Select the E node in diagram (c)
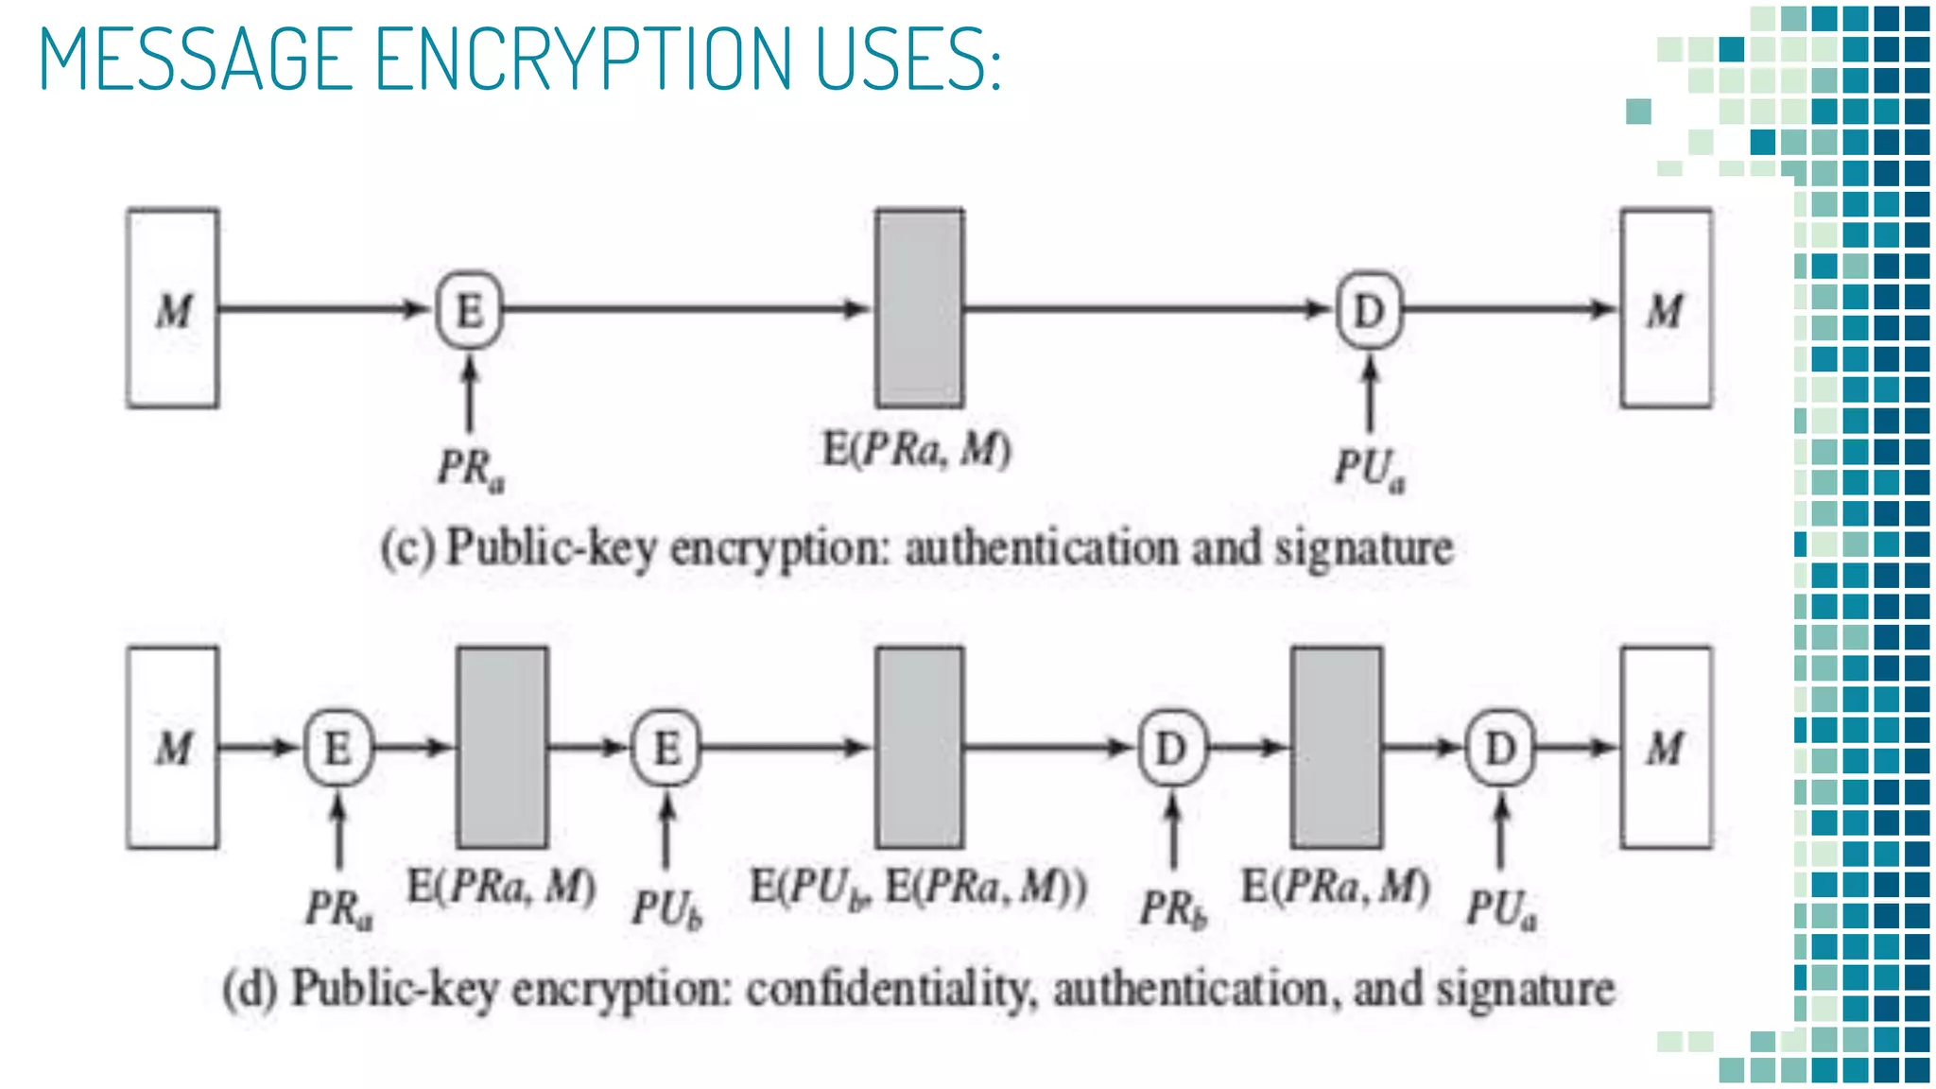pyautogui.click(x=469, y=310)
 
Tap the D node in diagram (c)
pyautogui.click(x=1369, y=310)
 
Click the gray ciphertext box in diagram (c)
pyautogui.click(x=920, y=309)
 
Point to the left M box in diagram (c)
pyautogui.click(x=173, y=309)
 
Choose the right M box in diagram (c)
pyautogui.click(x=1666, y=309)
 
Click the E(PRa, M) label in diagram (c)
pyautogui.click(x=916, y=449)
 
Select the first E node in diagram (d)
pyautogui.click(x=337, y=748)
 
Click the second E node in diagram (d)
pyautogui.click(x=666, y=748)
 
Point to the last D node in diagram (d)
pyautogui.click(x=1500, y=748)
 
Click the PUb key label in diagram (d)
pyautogui.click(x=667, y=908)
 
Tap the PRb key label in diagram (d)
pyautogui.click(x=1173, y=908)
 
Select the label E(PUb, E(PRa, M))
pyautogui.click(x=918, y=889)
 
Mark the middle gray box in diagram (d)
pyautogui.click(x=920, y=748)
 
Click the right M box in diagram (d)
pyautogui.click(x=1666, y=748)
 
